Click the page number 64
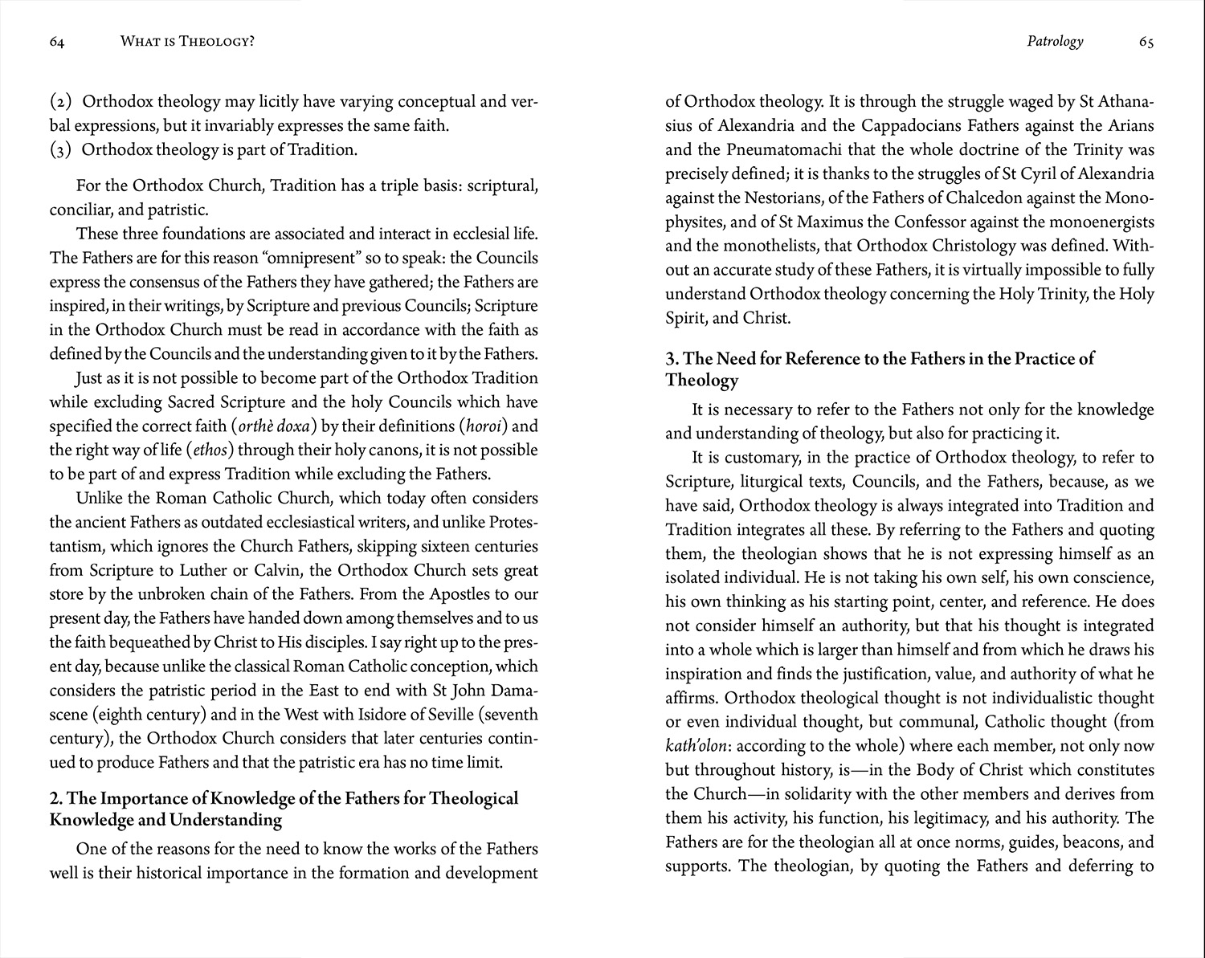[56, 42]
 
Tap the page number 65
[1146, 42]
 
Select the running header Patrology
[1055, 42]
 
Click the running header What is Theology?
[187, 42]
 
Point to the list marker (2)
[61, 102]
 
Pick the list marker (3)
[61, 150]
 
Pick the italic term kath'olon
[698, 747]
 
